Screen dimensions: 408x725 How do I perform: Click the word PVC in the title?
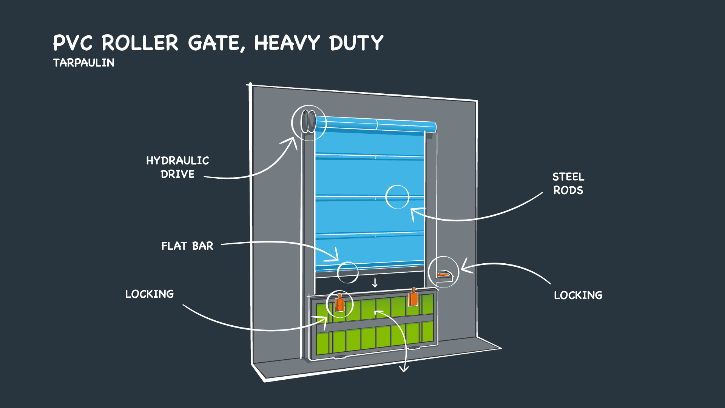tap(72, 43)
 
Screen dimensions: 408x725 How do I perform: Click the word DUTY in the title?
tap(356, 43)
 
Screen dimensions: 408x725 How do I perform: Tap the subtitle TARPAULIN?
tap(83, 63)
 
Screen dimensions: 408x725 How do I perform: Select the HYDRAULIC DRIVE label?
tap(177, 167)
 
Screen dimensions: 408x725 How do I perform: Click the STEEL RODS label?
tap(568, 184)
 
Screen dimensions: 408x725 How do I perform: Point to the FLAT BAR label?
tap(187, 246)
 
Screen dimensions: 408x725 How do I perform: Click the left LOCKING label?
tap(150, 294)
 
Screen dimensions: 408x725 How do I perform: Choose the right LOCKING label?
tap(578, 295)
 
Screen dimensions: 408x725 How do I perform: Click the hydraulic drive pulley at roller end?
tap(308, 122)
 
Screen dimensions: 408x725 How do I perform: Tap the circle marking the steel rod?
tap(397, 197)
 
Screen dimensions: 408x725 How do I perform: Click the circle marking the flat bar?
tap(347, 272)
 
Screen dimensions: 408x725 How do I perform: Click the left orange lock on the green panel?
tap(339, 303)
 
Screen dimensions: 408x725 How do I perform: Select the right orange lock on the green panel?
tap(413, 298)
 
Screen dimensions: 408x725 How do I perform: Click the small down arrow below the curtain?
tap(375, 283)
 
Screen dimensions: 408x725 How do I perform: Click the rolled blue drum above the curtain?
tap(376, 124)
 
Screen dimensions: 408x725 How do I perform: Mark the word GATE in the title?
tap(213, 43)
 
